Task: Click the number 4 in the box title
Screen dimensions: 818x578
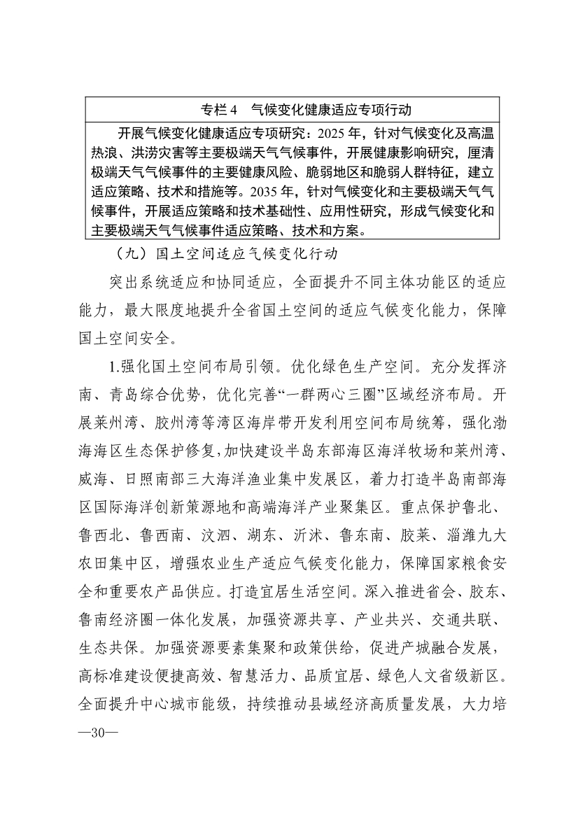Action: (236, 109)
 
